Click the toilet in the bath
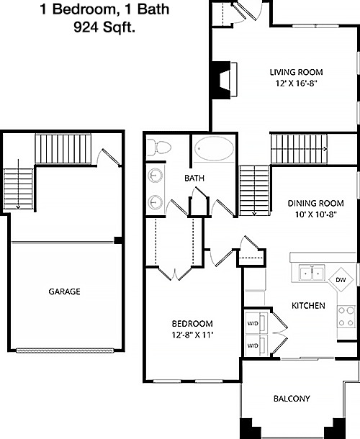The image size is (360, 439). tap(159, 148)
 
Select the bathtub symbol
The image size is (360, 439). tap(215, 149)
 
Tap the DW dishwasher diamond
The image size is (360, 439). tap(341, 280)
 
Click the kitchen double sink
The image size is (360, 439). tap(312, 273)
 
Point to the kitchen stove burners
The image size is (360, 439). tap(346, 317)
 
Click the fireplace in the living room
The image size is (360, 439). tap(224, 79)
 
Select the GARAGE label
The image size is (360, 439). tap(64, 291)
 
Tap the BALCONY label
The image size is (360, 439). tap(292, 399)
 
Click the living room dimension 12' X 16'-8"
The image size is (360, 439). tap(297, 83)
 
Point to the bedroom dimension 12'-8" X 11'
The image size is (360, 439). tap(192, 335)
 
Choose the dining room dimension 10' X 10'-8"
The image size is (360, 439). tap(316, 214)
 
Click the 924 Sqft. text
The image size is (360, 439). tap(104, 28)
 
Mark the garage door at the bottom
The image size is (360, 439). tap(65, 350)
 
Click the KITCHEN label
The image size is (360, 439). tap(308, 305)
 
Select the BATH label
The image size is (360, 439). tap(194, 178)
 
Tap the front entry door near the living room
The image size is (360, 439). tap(244, 12)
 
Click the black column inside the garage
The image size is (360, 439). tap(118, 240)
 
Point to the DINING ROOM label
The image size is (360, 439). tap(316, 203)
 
